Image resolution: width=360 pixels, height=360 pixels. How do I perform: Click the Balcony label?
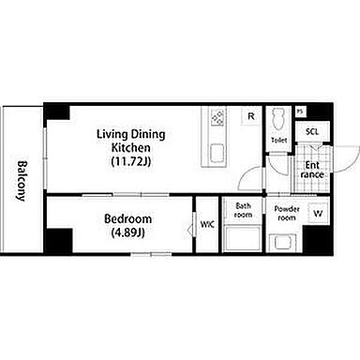[x=21, y=181]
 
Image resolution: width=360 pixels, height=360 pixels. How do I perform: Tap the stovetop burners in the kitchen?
[x=217, y=117]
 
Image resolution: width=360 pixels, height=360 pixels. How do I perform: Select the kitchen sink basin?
[x=217, y=153]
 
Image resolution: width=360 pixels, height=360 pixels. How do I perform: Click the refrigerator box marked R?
[x=251, y=116]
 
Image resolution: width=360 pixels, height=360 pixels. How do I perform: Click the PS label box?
[x=300, y=112]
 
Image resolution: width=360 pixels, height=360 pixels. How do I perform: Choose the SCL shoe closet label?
[x=312, y=131]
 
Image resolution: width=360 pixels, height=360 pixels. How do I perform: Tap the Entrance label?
[x=312, y=170]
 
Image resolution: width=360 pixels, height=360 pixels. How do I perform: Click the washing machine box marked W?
[x=319, y=214]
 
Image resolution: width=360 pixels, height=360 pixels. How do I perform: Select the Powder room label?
[x=287, y=213]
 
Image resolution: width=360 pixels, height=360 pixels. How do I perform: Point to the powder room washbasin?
[x=283, y=243]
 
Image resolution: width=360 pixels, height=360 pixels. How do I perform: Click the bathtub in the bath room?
[x=243, y=239]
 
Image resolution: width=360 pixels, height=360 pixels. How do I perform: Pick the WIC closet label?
[x=207, y=224]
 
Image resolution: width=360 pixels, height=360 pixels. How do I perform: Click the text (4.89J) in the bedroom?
[x=128, y=232]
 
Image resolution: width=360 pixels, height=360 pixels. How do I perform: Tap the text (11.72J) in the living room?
[x=131, y=161]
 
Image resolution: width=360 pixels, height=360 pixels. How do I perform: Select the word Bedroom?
[x=128, y=218]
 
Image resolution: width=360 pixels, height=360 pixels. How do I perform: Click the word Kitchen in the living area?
[x=131, y=147]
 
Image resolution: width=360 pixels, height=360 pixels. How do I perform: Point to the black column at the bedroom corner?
[x=59, y=241]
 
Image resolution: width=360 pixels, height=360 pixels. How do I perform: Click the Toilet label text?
[x=278, y=140]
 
